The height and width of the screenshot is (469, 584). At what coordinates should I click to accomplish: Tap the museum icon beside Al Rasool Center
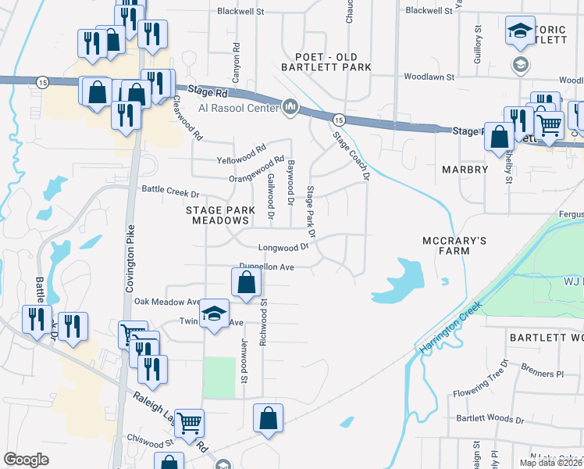(290, 107)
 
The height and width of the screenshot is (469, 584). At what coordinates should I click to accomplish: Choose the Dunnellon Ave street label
(265, 267)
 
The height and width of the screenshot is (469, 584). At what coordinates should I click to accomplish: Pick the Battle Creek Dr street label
(170, 190)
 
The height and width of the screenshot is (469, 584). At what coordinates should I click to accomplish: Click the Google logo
(26, 460)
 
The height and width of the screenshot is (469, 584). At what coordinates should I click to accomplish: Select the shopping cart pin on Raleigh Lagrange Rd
(190, 424)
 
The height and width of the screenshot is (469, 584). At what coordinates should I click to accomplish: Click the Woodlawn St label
(429, 77)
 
